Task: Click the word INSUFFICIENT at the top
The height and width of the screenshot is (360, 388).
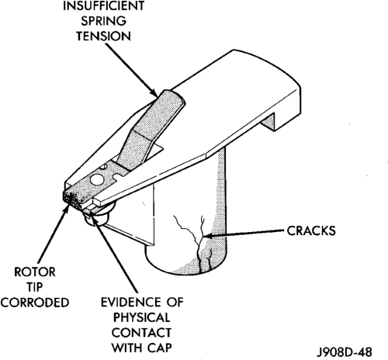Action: pos(103,6)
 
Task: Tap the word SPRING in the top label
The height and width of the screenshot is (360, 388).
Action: pos(103,21)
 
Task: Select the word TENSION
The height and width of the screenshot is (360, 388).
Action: pos(103,36)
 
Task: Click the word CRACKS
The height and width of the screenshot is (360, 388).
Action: pos(311,230)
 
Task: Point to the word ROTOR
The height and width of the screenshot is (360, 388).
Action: pos(35,272)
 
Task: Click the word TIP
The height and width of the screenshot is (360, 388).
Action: pos(35,287)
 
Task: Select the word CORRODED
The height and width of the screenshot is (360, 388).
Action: pos(35,303)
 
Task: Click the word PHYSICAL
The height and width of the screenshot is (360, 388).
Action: pos(142,317)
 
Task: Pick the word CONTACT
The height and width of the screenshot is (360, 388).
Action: pos(142,333)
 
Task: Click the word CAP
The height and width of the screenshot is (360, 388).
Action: pos(160,348)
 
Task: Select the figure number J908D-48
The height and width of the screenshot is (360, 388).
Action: pos(345,352)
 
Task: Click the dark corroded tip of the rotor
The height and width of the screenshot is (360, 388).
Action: pos(71,198)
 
